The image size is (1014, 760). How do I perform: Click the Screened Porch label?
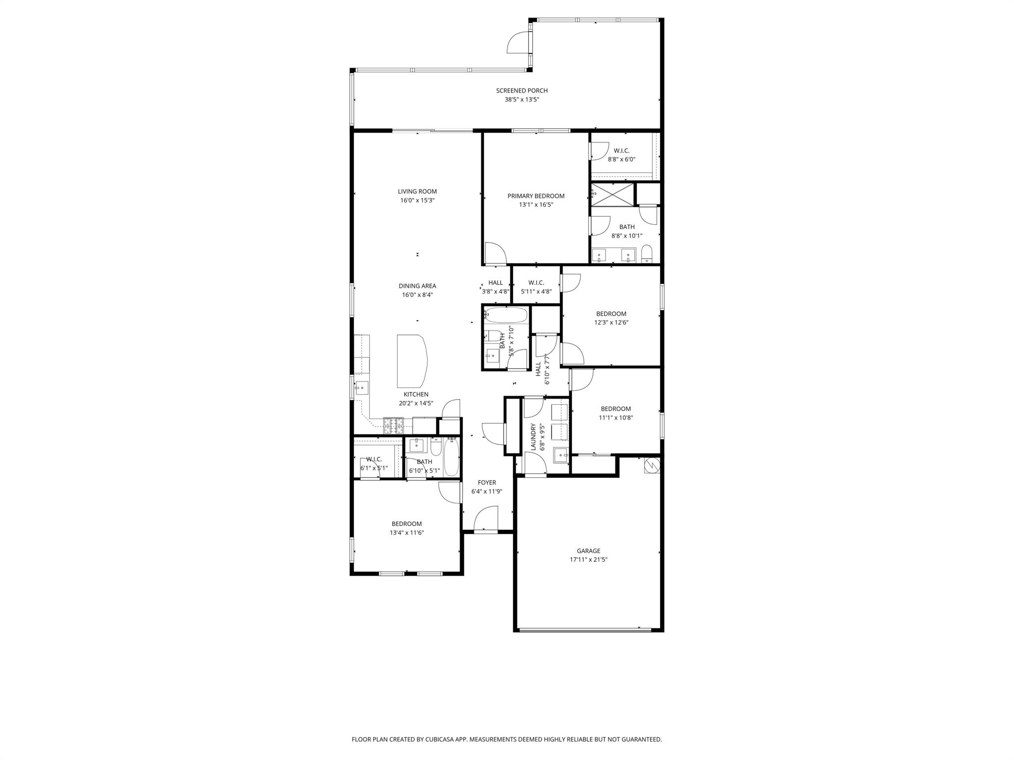(x=522, y=91)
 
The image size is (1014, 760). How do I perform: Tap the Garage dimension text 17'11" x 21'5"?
(x=588, y=560)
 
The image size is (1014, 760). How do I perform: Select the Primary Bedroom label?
(x=536, y=196)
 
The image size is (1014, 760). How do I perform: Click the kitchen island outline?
(x=411, y=361)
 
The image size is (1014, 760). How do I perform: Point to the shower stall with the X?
(x=612, y=194)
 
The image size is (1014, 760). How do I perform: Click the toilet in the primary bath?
(x=647, y=254)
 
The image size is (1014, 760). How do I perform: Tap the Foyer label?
(x=487, y=482)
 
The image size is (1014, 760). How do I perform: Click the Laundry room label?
(x=533, y=437)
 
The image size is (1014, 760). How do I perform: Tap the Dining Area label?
(x=417, y=286)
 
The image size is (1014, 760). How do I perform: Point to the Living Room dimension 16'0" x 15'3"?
(x=417, y=200)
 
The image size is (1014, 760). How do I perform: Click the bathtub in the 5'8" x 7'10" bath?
(x=506, y=314)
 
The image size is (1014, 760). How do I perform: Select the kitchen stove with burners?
(x=394, y=425)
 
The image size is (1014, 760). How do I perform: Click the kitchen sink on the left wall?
(x=362, y=387)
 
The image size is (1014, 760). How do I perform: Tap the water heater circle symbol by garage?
(x=652, y=465)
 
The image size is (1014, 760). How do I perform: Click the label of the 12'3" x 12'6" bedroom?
(x=611, y=314)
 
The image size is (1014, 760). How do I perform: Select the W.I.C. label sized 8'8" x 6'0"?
(x=621, y=150)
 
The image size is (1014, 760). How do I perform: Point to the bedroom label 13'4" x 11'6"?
(x=406, y=524)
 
